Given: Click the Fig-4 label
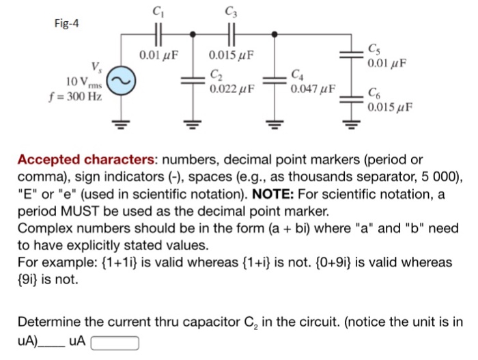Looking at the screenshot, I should pos(67,23).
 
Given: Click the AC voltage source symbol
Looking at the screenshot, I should pos(122,81).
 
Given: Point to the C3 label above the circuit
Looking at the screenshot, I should pos(229,10).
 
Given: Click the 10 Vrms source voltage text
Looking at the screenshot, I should pos(85,82).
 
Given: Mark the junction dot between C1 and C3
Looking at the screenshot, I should pos(194,33).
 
